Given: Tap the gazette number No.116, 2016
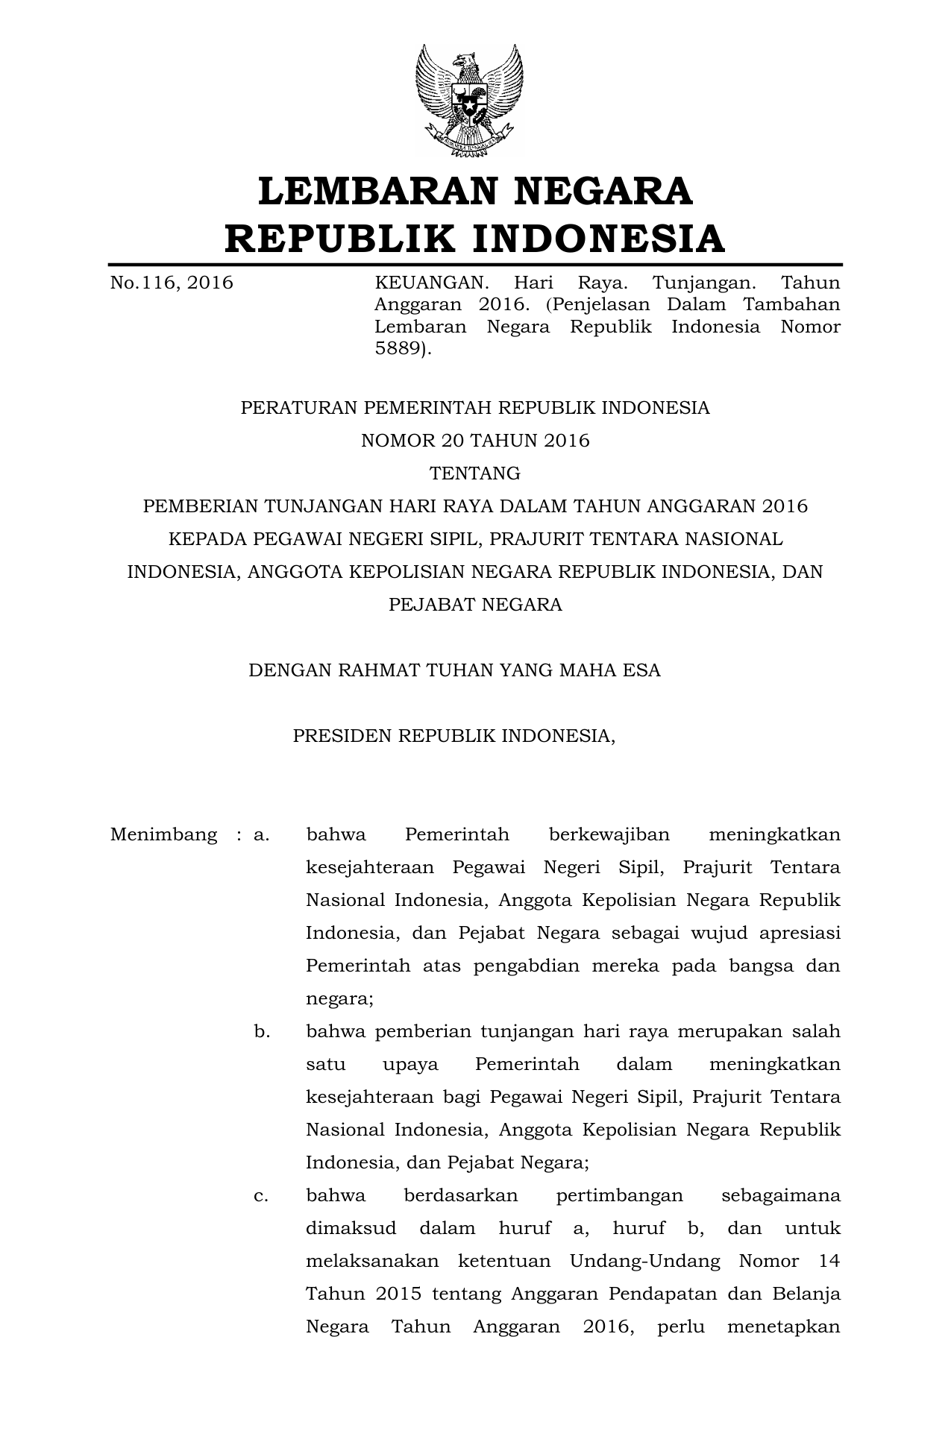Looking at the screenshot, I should pos(172,283).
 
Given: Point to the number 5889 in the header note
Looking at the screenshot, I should pos(400,348).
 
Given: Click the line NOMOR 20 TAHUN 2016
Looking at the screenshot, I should pos(475,441).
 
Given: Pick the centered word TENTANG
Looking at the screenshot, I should pos(475,473).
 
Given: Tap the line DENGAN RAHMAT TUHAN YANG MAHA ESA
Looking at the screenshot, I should pos(454,670).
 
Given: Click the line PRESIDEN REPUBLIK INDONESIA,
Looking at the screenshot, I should pos(454,736).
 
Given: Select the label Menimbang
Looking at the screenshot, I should pos(163,834).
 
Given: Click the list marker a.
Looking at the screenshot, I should pos(261,834).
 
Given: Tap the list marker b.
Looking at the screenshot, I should pos(262,1031).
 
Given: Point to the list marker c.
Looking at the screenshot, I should pos(261,1195).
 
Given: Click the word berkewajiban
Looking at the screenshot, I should pos(609,834).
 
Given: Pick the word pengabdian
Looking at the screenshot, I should pos(527,966).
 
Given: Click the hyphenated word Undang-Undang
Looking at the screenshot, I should pos(645,1261).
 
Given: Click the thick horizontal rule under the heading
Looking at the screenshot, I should pos(475,265).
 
